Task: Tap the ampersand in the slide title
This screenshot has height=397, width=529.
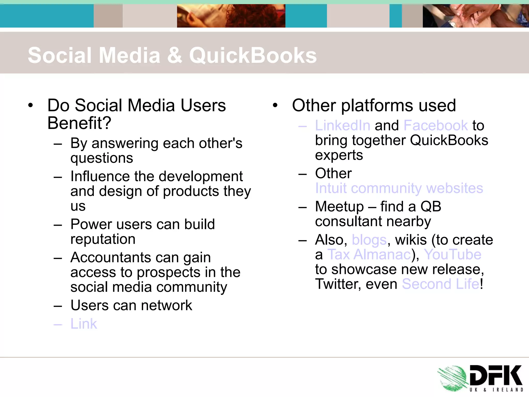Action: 175,55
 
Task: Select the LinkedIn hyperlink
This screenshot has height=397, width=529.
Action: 343,126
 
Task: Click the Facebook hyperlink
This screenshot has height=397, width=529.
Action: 435,126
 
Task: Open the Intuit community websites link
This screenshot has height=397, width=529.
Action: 399,188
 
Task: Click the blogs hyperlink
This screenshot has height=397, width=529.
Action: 369,240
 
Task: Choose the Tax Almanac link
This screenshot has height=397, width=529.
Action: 369,255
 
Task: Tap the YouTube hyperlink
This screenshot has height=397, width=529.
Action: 453,255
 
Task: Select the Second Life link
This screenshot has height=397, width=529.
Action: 441,284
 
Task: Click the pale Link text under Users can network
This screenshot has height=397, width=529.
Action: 84,324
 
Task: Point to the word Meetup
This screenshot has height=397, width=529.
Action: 339,207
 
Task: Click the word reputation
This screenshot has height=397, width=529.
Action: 103,239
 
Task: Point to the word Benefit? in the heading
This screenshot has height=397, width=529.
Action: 79,123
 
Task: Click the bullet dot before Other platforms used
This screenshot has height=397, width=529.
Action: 275,105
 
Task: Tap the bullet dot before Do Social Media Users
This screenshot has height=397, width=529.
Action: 30,105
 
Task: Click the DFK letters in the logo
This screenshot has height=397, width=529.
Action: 495,376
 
